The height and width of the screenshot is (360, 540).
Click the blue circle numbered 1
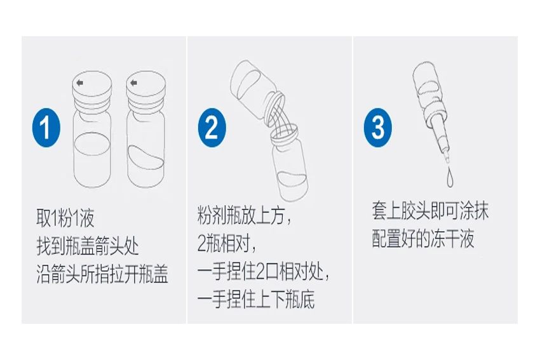point(46,128)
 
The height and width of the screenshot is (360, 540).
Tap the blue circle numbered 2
point(212,128)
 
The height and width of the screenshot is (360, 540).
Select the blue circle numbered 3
point(378,128)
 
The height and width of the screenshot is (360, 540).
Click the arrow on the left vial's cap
point(80,83)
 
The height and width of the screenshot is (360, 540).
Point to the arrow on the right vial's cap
point(133,83)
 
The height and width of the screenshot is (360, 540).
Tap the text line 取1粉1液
point(65,218)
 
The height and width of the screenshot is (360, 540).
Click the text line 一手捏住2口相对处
point(263,272)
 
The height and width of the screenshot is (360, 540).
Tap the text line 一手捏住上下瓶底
point(256,300)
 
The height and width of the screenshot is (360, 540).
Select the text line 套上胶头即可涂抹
point(430,210)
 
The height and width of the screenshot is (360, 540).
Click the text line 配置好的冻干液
point(423,239)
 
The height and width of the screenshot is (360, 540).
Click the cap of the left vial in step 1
point(92,89)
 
